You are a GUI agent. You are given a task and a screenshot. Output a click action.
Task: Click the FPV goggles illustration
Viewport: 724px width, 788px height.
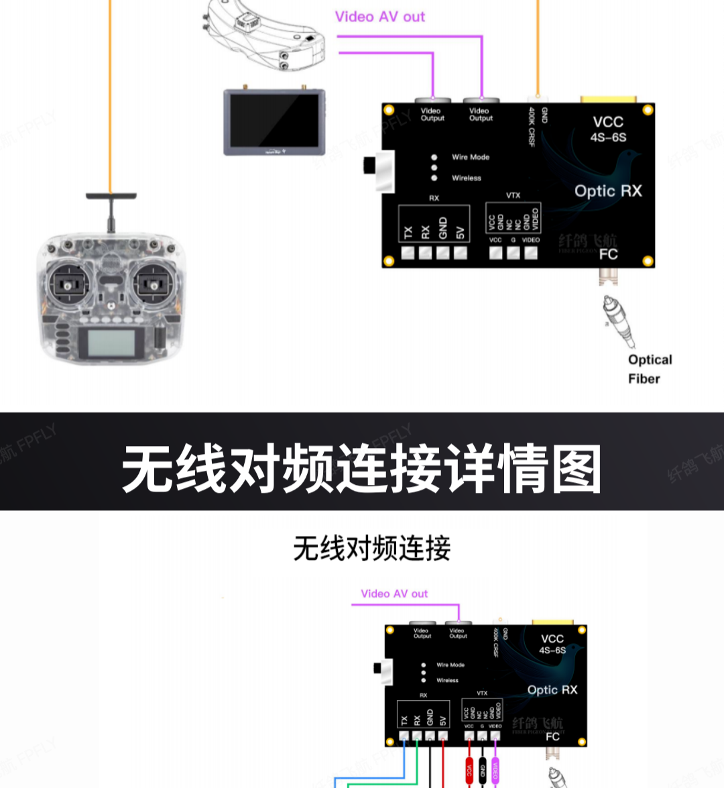coord(265,34)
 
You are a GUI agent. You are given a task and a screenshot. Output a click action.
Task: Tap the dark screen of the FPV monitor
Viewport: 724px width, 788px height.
coord(274,121)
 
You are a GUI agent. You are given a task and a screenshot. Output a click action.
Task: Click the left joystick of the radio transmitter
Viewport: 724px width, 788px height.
coord(67,284)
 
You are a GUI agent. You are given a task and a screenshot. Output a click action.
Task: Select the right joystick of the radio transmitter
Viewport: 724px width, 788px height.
coord(154,284)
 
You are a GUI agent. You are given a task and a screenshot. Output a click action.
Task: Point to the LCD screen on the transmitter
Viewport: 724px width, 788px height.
coord(110,343)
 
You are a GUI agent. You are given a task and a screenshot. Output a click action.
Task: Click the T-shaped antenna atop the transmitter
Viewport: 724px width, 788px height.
coord(111,197)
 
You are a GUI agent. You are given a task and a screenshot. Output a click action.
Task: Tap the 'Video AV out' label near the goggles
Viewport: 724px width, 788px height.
coord(379,17)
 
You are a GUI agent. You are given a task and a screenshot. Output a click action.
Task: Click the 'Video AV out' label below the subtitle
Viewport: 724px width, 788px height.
coord(394,594)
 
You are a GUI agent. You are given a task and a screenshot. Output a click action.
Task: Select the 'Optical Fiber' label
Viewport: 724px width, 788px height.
coord(649,369)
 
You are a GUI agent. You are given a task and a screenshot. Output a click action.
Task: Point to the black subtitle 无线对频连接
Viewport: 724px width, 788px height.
coord(372,549)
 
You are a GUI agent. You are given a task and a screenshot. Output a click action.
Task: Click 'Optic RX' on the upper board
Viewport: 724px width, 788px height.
coord(608,191)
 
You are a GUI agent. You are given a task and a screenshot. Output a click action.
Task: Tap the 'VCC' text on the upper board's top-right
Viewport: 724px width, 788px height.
coord(608,122)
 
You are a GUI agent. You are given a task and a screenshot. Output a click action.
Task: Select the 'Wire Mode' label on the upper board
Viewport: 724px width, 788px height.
coord(470,157)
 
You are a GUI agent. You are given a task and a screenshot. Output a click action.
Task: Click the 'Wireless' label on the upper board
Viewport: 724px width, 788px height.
coord(466,178)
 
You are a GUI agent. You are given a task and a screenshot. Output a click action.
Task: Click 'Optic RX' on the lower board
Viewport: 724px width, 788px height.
coord(552,690)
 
